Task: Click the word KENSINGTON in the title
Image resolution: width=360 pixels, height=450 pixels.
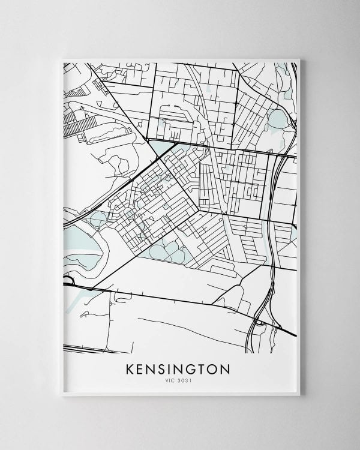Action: (x=178, y=368)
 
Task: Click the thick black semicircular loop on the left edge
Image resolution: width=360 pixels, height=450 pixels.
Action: (x=67, y=280)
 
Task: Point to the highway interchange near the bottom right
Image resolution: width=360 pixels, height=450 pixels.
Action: (x=260, y=322)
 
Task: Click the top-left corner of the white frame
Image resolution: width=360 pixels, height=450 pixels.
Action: (x=63, y=59)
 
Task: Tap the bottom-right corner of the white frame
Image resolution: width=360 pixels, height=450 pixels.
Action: (x=299, y=395)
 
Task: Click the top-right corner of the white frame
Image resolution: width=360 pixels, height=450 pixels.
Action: (x=299, y=59)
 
